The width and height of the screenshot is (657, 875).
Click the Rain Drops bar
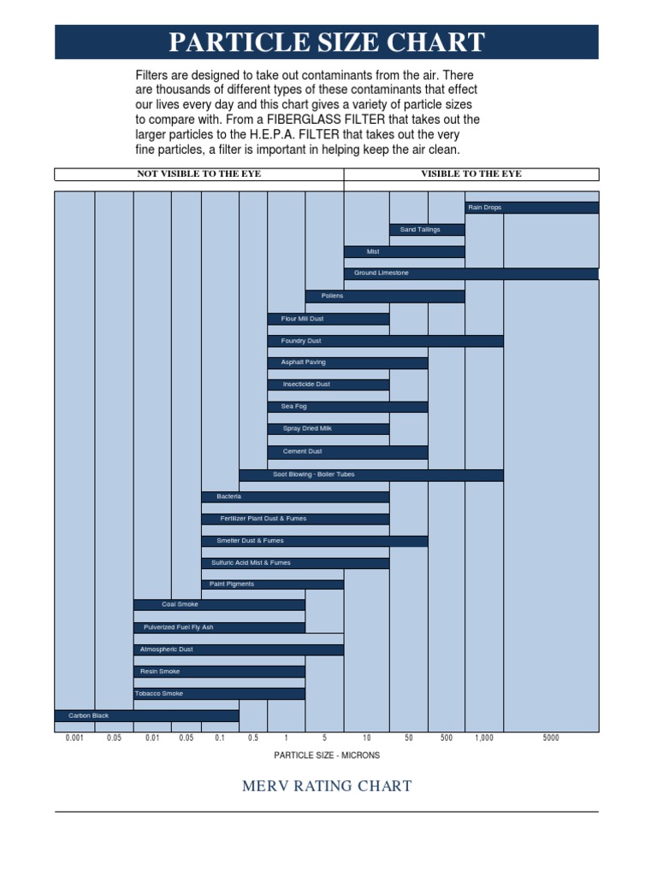pos(531,208)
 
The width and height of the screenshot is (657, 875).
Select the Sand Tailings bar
pos(427,230)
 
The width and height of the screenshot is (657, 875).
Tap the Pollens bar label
pos(332,296)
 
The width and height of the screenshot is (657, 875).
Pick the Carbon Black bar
pos(146,715)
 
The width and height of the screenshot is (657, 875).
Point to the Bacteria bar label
pos(229,496)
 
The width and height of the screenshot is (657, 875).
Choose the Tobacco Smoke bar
pos(219,694)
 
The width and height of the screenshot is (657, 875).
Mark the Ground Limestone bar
pos(471,273)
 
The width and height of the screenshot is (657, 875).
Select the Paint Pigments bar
pos(272,584)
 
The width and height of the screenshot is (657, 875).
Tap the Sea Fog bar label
pos(293,407)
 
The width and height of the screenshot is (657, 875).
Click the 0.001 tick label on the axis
pos(75,737)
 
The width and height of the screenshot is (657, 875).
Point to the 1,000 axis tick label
pos(484,737)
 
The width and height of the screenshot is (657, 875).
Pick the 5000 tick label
pos(551,737)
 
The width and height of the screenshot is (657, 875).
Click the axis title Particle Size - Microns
pos(327,755)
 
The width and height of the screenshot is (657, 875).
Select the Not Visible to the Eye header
pos(199,174)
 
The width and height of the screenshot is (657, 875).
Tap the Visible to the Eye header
pos(471,174)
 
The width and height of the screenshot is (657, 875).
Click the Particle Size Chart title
pos(327,42)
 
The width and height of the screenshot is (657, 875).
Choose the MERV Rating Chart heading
pos(327,786)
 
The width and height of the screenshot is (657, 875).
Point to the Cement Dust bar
pos(347,452)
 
